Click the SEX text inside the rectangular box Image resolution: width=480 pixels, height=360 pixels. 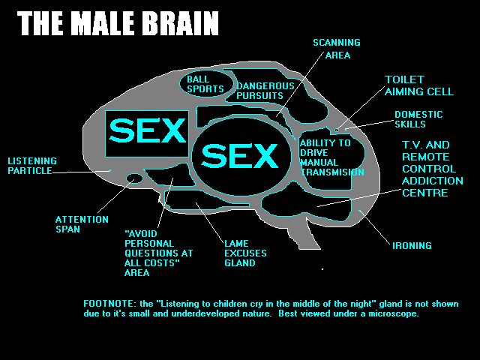(147, 131)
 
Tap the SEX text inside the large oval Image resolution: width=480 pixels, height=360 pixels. (240, 156)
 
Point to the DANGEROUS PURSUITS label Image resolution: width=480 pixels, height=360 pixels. (259, 91)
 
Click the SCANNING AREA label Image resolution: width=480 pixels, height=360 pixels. (336, 49)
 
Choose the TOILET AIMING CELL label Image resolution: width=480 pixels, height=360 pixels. (419, 85)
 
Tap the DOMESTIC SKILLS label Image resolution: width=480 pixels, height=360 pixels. (418, 119)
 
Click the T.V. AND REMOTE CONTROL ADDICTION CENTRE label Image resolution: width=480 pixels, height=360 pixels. (432, 169)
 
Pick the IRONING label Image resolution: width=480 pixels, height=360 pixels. (412, 245)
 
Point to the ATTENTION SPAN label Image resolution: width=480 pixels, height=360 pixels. (77, 224)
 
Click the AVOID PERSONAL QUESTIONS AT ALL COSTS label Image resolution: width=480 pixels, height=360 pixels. (157, 253)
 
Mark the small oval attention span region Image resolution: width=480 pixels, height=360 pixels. (134, 178)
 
